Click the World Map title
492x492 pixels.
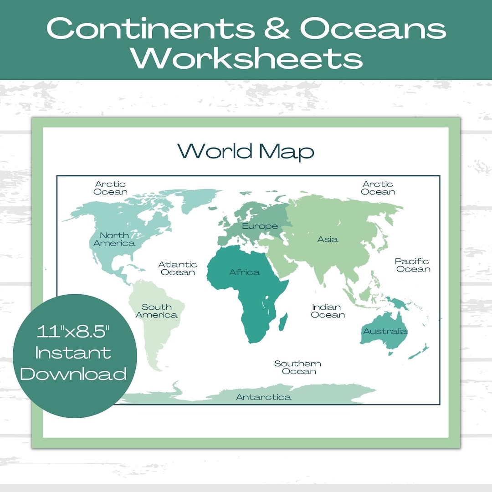tap(246, 151)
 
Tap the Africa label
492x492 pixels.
tap(245, 272)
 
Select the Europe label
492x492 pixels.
tap(260, 226)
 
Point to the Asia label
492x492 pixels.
tap(328, 239)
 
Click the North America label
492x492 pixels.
tap(114, 239)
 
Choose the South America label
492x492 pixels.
tap(156, 311)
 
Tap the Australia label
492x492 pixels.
tap(385, 331)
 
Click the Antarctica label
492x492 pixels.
tap(263, 397)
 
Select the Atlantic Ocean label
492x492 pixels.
tap(178, 268)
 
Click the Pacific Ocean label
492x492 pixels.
tap(412, 265)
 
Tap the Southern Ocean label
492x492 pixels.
tap(298, 367)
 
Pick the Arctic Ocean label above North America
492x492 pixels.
tap(110, 188)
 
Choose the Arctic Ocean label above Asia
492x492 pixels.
tap(378, 188)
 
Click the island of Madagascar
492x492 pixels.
tap(282, 321)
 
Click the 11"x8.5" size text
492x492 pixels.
tap(73, 332)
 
